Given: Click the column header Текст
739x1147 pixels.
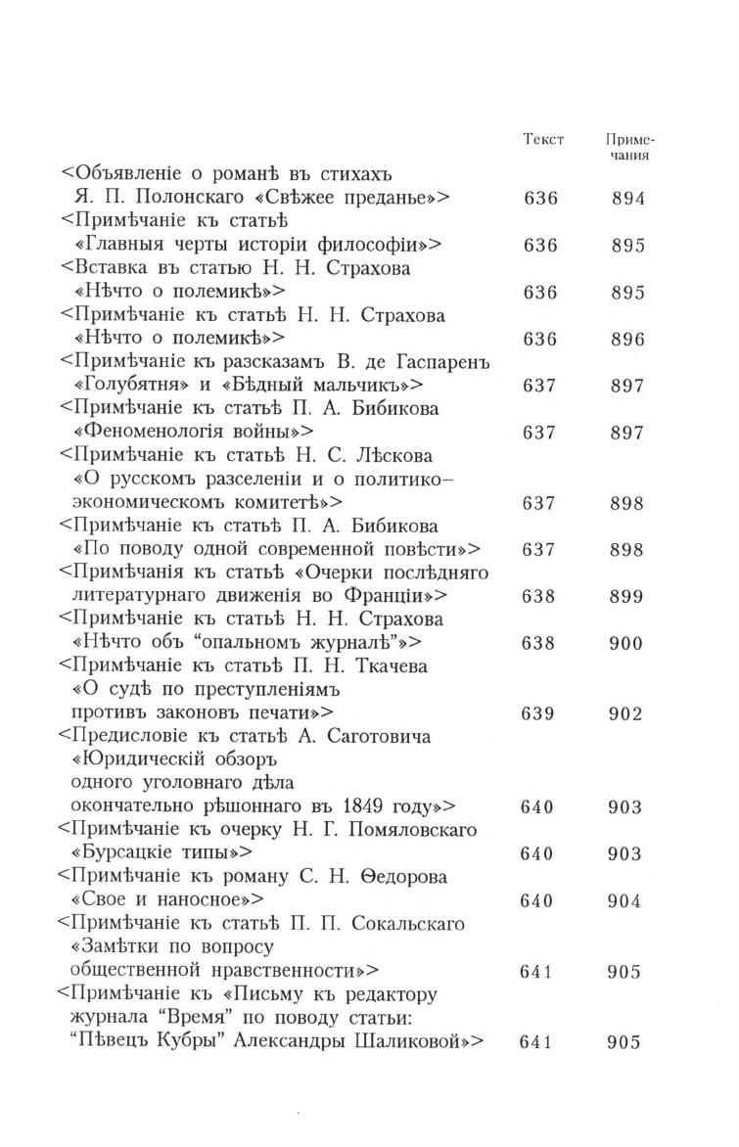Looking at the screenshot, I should pos(544,139).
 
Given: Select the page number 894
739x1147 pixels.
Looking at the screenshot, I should pos(627,199).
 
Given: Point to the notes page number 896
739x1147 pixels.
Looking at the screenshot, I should pos(627,340).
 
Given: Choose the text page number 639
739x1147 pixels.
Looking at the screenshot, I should pos(539,713).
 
